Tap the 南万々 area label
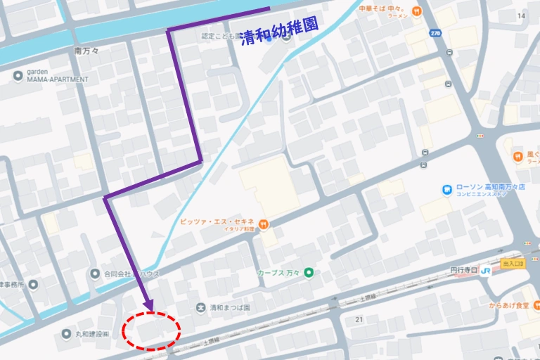point(88,51)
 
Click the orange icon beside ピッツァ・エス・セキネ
point(264,224)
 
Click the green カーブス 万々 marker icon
point(308,273)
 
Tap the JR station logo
point(486,270)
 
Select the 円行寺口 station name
point(465,270)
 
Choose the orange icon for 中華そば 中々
point(417,11)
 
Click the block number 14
point(521,15)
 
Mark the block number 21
point(359,320)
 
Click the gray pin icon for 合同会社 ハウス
point(96,273)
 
